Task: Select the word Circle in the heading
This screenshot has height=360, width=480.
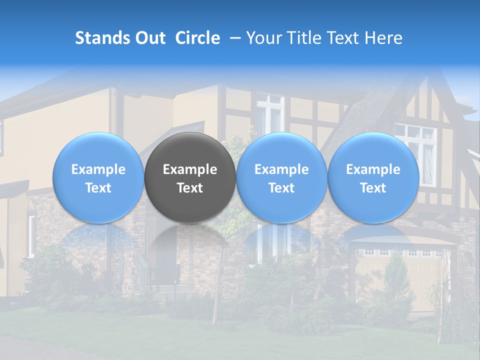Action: pos(197,38)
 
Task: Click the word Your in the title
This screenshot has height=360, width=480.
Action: pos(263,38)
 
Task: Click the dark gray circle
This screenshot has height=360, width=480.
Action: pos(190,150)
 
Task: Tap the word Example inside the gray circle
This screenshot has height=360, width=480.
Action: pos(190,169)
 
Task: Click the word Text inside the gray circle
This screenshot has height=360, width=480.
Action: pos(190,188)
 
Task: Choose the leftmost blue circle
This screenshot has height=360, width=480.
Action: pos(98,150)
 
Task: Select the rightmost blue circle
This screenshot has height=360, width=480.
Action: pos(373,150)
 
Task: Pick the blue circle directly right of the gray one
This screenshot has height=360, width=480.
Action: pos(281,150)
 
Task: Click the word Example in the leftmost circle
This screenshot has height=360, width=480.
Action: pos(98,169)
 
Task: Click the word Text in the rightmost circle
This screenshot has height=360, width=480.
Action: pos(373,188)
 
